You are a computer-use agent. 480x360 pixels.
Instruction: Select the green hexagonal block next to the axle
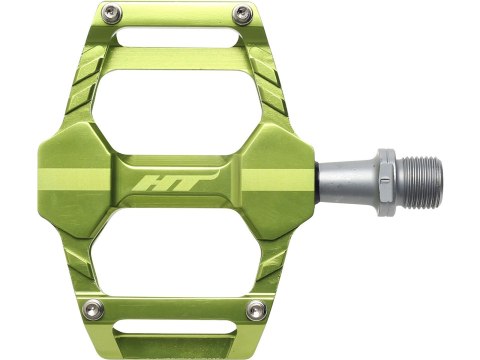click(280, 180)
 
